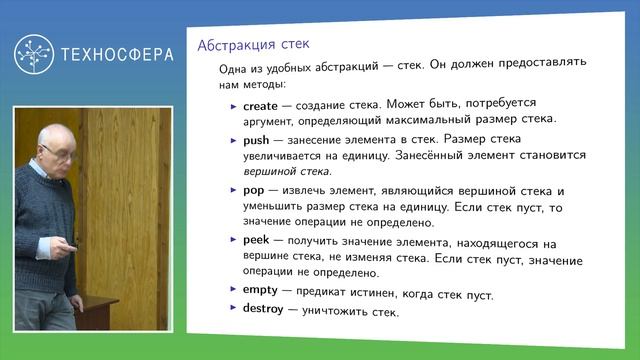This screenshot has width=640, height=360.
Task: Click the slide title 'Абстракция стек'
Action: click(x=253, y=46)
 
